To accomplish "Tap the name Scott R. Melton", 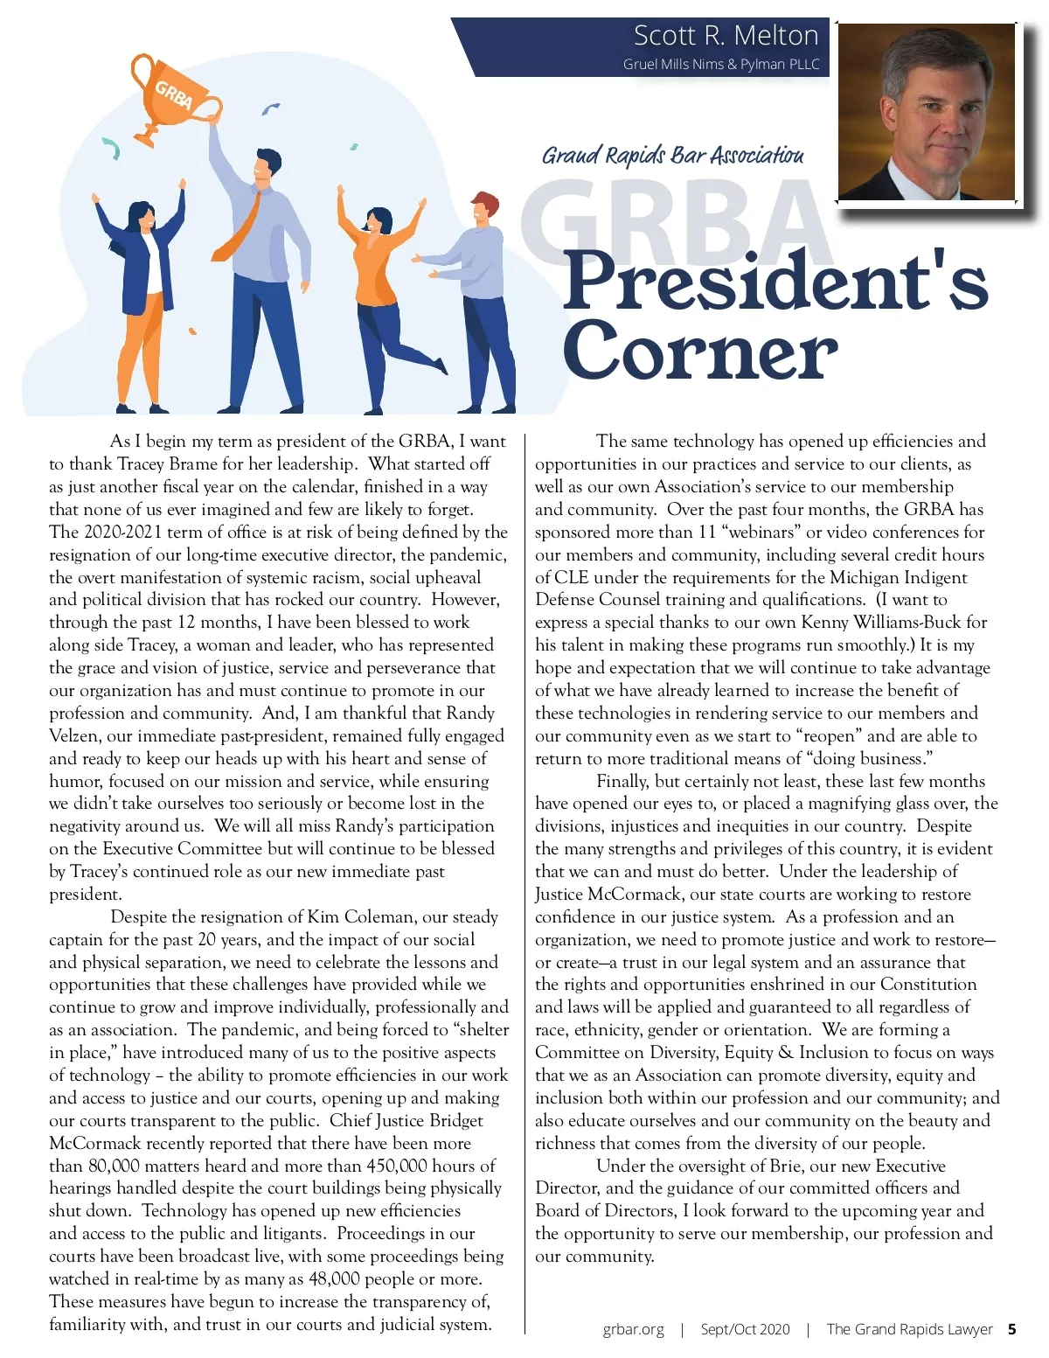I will (726, 35).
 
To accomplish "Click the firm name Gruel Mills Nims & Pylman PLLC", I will (721, 64).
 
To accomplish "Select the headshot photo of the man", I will (926, 112).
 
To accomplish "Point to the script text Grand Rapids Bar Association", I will (672, 156).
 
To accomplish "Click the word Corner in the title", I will (699, 352).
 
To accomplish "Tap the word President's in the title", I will (775, 282).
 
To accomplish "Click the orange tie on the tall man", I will (239, 229).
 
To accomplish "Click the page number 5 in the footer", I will (1011, 1329).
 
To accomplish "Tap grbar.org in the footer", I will (633, 1329).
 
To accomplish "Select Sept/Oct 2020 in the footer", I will (745, 1329).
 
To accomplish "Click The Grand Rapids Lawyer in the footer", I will (909, 1329).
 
